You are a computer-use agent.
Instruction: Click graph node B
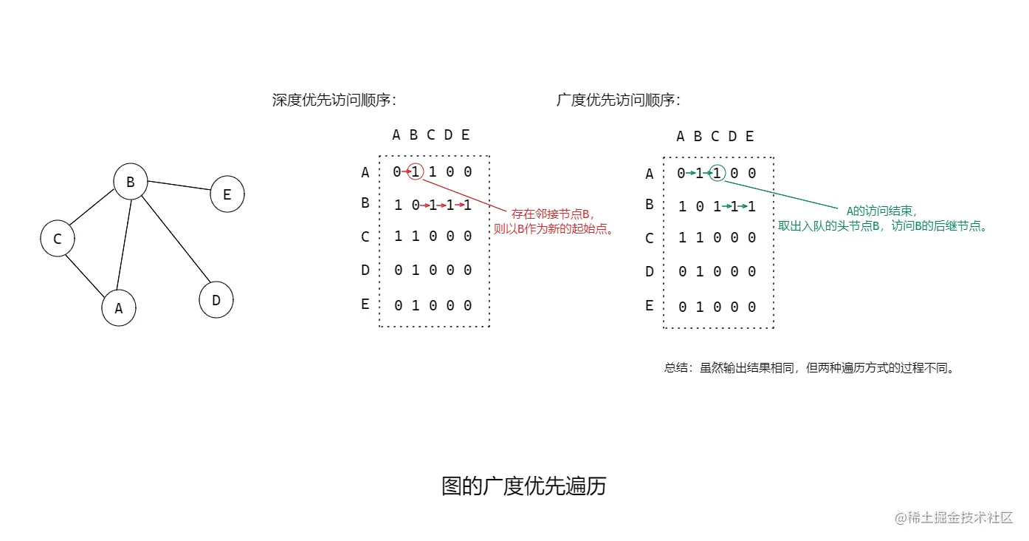pyautogui.click(x=131, y=182)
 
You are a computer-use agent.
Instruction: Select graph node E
pyautogui.click(x=227, y=194)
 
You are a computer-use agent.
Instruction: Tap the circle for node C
pyautogui.click(x=58, y=239)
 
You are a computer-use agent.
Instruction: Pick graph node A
pyautogui.click(x=119, y=308)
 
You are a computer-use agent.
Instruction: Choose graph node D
pyautogui.click(x=216, y=300)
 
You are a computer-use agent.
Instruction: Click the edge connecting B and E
pyautogui.click(x=179, y=188)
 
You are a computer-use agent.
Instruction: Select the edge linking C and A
pyautogui.click(x=84, y=274)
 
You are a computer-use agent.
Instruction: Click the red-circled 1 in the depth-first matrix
pyautogui.click(x=416, y=171)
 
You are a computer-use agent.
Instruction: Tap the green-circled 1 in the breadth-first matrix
pyautogui.click(x=717, y=173)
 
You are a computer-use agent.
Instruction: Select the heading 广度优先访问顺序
pyautogui.click(x=618, y=101)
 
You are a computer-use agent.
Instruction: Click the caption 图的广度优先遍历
pyautogui.click(x=523, y=486)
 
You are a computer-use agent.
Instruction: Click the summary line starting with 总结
pyautogui.click(x=809, y=367)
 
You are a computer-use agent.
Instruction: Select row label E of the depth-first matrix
pyautogui.click(x=365, y=304)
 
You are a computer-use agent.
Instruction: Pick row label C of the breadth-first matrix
pyautogui.click(x=650, y=238)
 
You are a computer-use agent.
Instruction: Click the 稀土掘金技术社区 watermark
pyautogui.click(x=954, y=517)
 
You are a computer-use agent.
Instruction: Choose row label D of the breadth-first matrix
pyautogui.click(x=650, y=271)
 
